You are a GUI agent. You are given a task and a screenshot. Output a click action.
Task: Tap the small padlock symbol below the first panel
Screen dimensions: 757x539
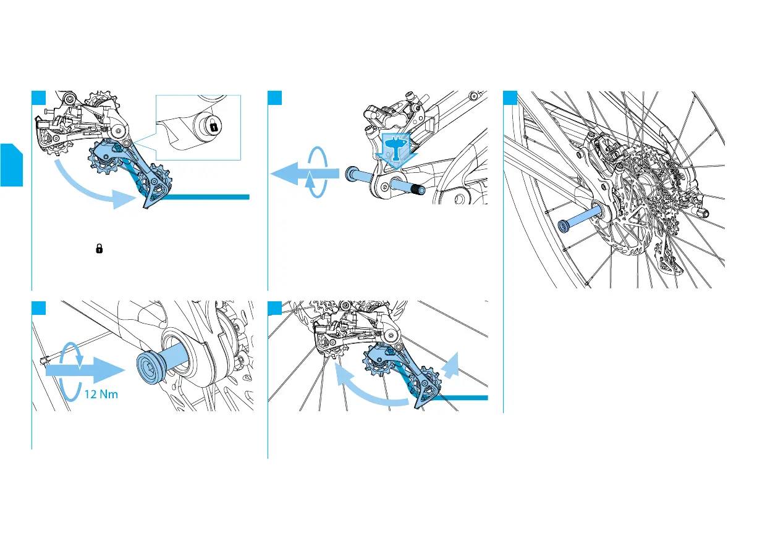point(98,249)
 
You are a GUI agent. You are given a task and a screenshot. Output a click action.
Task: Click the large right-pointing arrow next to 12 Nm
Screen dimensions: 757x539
point(83,371)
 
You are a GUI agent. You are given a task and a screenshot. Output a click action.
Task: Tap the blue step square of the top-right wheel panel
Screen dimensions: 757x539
point(510,98)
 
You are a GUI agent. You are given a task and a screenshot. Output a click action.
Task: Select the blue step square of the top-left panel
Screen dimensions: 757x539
point(38,98)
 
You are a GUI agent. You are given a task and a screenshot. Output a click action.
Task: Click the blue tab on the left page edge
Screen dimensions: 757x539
point(11,164)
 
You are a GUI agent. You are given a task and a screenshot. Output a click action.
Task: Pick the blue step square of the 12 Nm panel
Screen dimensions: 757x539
point(38,307)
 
